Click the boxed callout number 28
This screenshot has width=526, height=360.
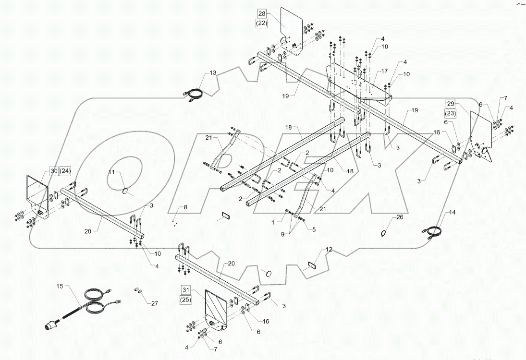[x=261, y=13]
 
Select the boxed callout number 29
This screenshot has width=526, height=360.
[x=450, y=104]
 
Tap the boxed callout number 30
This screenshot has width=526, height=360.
[x=53, y=171]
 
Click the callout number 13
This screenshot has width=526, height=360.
[x=213, y=73]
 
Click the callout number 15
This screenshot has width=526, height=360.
[x=60, y=286]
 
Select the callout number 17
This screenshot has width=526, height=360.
[x=384, y=71]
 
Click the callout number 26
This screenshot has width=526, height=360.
[x=400, y=216]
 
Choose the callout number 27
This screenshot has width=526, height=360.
[x=154, y=303]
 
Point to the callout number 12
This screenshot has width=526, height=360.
[x=329, y=250]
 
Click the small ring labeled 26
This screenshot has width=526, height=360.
[x=383, y=233]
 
